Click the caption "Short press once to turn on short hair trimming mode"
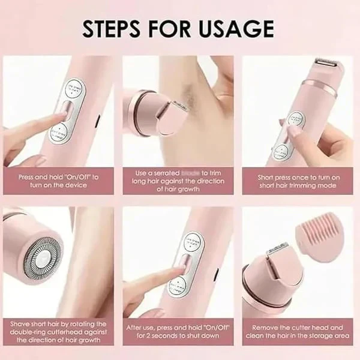coord(298,182)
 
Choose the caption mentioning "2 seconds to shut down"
coord(178,331)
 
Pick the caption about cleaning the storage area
coord(298,332)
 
